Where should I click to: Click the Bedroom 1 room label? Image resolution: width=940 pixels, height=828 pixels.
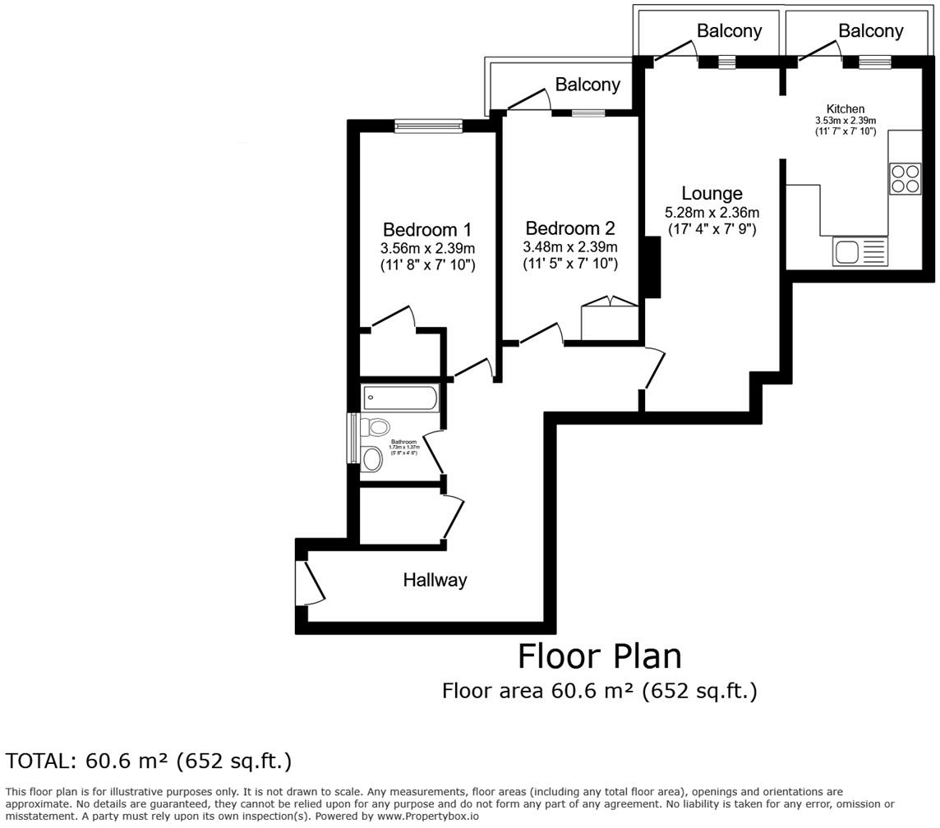point(427,229)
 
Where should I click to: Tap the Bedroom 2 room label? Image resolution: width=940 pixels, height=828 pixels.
point(569,228)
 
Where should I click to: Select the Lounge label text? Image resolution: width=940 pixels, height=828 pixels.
point(712,194)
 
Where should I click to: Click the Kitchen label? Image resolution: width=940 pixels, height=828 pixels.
point(845,109)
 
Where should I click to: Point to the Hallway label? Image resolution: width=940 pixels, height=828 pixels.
point(435,580)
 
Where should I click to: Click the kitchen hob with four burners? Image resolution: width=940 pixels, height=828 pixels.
point(905,179)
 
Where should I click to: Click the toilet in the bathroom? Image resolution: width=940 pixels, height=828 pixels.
point(376,427)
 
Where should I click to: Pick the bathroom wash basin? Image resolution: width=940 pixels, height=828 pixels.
point(372,459)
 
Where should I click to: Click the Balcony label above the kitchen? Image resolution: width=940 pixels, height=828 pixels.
point(870,31)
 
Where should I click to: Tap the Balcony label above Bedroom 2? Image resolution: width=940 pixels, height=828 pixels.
point(587,85)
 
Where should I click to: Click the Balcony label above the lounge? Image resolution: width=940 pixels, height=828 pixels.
point(729,31)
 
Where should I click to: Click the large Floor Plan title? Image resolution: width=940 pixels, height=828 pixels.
point(599,656)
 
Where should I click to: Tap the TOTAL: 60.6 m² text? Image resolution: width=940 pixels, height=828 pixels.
point(149,761)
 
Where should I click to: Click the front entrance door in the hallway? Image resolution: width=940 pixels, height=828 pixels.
point(310,582)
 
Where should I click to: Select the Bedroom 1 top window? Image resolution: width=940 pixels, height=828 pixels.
point(428,126)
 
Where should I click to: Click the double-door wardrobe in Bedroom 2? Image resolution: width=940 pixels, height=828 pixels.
point(610,320)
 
